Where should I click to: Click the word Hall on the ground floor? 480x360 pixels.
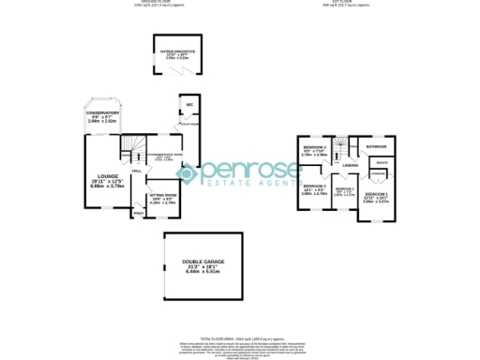136,172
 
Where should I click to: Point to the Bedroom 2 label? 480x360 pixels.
314,186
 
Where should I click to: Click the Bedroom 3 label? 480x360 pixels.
345,189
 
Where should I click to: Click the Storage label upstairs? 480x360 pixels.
378,174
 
